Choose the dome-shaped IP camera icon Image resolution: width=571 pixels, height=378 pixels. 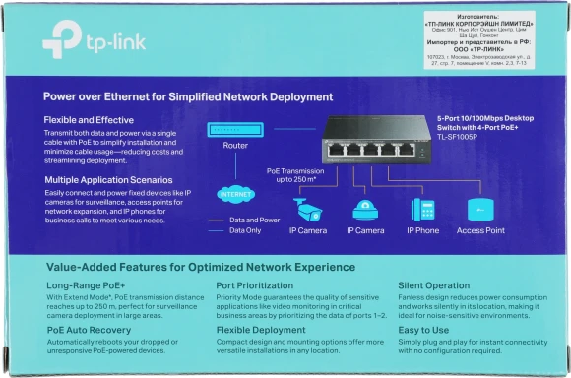(364, 210)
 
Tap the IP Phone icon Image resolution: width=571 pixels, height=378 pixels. (423, 210)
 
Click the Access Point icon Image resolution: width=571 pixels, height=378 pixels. (479, 210)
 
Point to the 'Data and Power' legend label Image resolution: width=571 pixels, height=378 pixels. (255, 220)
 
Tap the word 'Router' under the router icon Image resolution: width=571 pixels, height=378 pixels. (235, 145)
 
